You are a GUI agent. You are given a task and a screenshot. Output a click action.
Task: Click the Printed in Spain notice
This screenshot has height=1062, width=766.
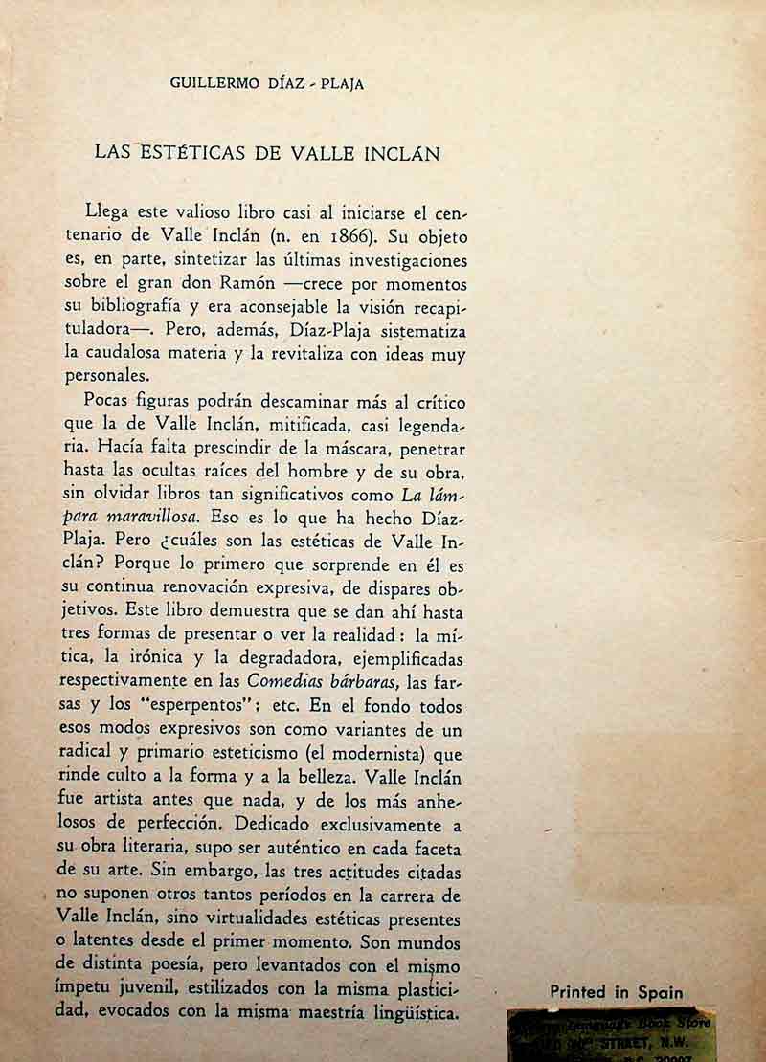coord(617,992)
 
